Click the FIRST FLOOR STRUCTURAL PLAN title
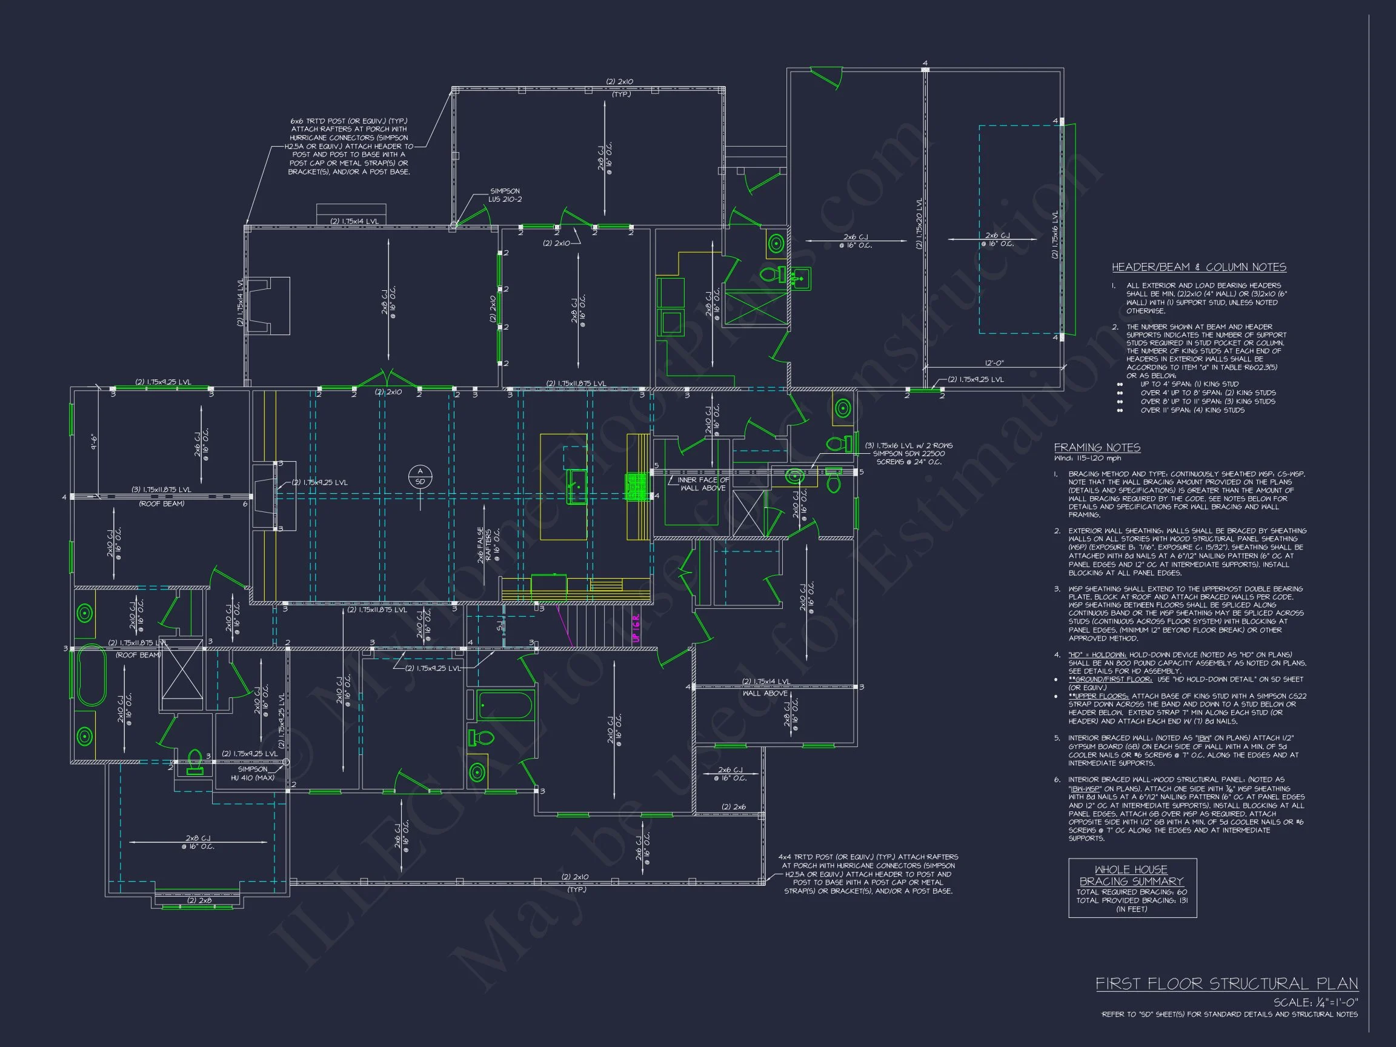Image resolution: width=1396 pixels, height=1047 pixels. coord(1226,983)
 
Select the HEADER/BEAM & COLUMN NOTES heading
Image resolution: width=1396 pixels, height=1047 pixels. coord(1198,267)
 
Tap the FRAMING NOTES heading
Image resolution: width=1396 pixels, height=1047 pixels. coord(1097,447)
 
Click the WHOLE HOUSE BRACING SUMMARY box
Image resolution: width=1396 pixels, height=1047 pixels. coord(1132,887)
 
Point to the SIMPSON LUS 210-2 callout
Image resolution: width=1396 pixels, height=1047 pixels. coord(505,195)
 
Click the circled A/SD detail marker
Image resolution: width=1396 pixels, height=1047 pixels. coord(420,476)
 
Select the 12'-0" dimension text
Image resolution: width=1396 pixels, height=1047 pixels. coord(994,363)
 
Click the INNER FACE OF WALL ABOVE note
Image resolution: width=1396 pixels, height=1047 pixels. coord(702,484)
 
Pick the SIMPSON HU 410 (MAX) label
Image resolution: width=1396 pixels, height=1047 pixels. coord(253,774)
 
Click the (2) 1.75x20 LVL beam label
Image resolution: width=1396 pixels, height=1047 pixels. coord(920,224)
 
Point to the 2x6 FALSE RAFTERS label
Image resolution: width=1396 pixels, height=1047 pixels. coord(488,545)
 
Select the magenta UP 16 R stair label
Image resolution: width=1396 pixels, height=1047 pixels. coord(636,628)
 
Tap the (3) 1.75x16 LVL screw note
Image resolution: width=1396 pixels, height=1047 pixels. coord(908,453)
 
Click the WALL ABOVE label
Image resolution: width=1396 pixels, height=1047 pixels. coord(765,693)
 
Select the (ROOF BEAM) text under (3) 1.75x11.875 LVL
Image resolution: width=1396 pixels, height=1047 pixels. coord(161,504)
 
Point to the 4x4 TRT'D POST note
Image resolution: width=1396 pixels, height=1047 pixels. coord(868,874)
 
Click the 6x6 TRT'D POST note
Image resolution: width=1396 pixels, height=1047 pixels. coord(348,146)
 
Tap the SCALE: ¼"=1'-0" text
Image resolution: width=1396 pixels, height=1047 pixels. coord(1315,1003)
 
